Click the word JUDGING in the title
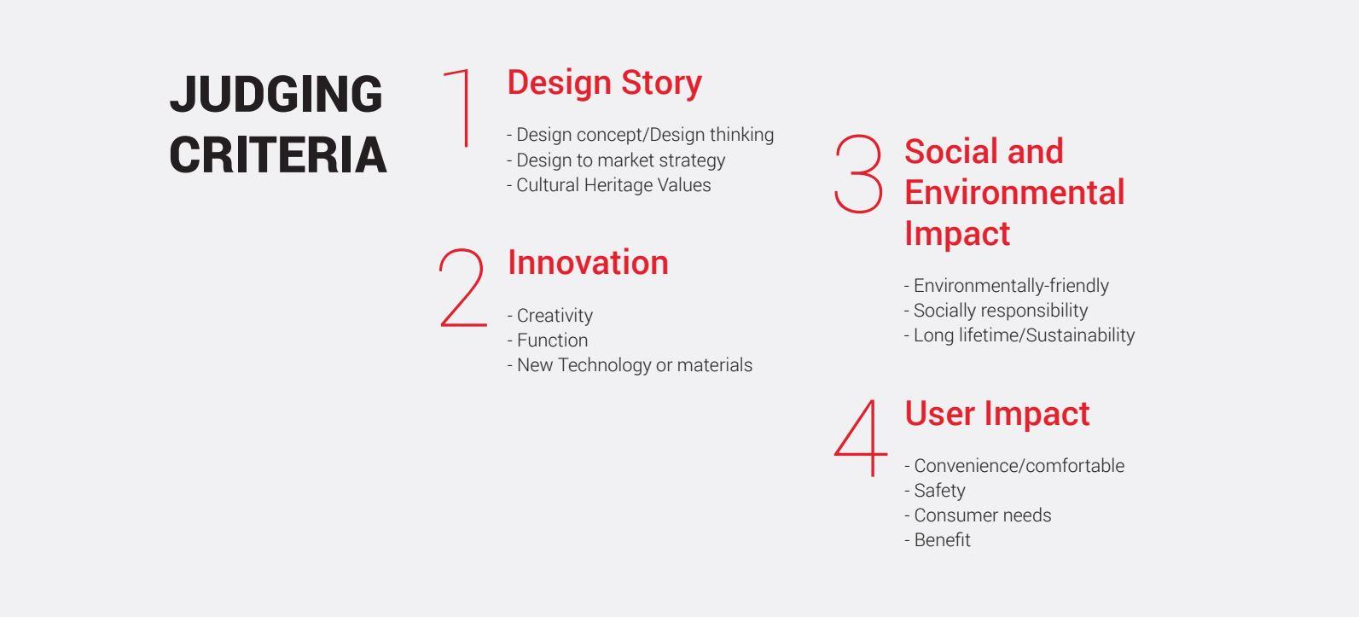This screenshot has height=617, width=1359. (276, 94)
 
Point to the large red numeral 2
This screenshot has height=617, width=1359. (463, 288)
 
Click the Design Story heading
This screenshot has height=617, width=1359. (604, 83)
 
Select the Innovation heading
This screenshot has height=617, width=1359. (588, 262)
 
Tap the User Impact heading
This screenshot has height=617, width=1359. (996, 414)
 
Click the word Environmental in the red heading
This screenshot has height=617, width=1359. (1014, 192)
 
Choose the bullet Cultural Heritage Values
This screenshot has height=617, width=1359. (608, 185)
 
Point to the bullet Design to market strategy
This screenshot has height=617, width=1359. (616, 160)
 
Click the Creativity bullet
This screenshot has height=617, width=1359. (549, 316)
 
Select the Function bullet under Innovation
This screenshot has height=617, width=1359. (547, 341)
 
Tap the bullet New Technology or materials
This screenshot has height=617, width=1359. (630, 365)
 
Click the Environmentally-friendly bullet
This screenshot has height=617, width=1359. (1007, 286)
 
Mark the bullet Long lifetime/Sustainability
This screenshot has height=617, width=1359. (1019, 335)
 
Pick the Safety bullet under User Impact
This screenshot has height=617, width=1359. (934, 490)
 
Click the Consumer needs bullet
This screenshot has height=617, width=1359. (978, 515)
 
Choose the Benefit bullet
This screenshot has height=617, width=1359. (938, 540)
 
